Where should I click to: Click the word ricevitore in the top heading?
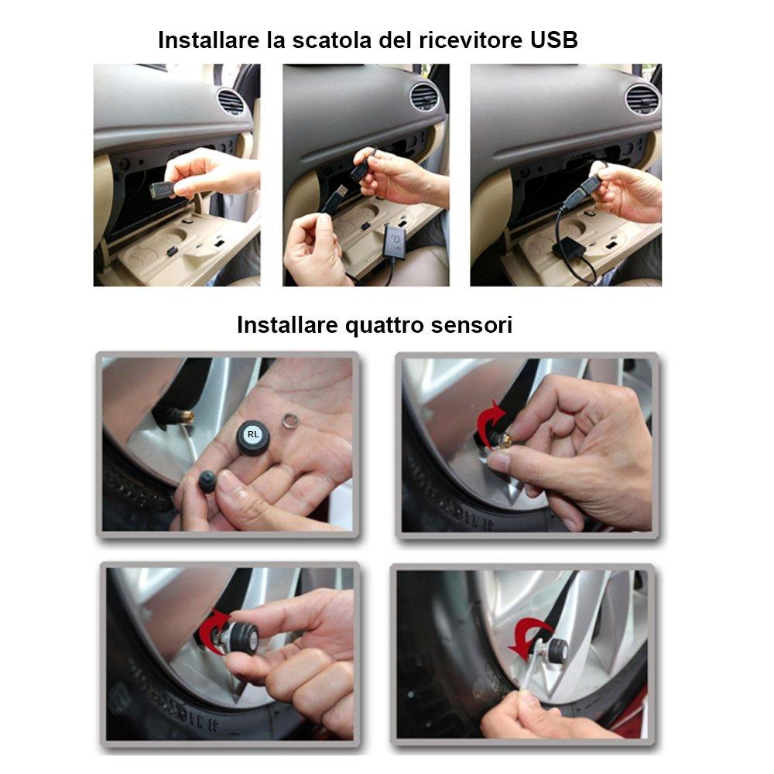point(463,40)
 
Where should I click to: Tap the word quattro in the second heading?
point(365,325)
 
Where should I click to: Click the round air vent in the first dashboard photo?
point(230,101)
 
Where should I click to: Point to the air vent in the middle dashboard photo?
point(424,97)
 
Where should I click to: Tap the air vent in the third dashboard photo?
point(642,98)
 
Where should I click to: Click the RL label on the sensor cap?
point(252,434)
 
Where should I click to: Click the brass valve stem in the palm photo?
point(187,417)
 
